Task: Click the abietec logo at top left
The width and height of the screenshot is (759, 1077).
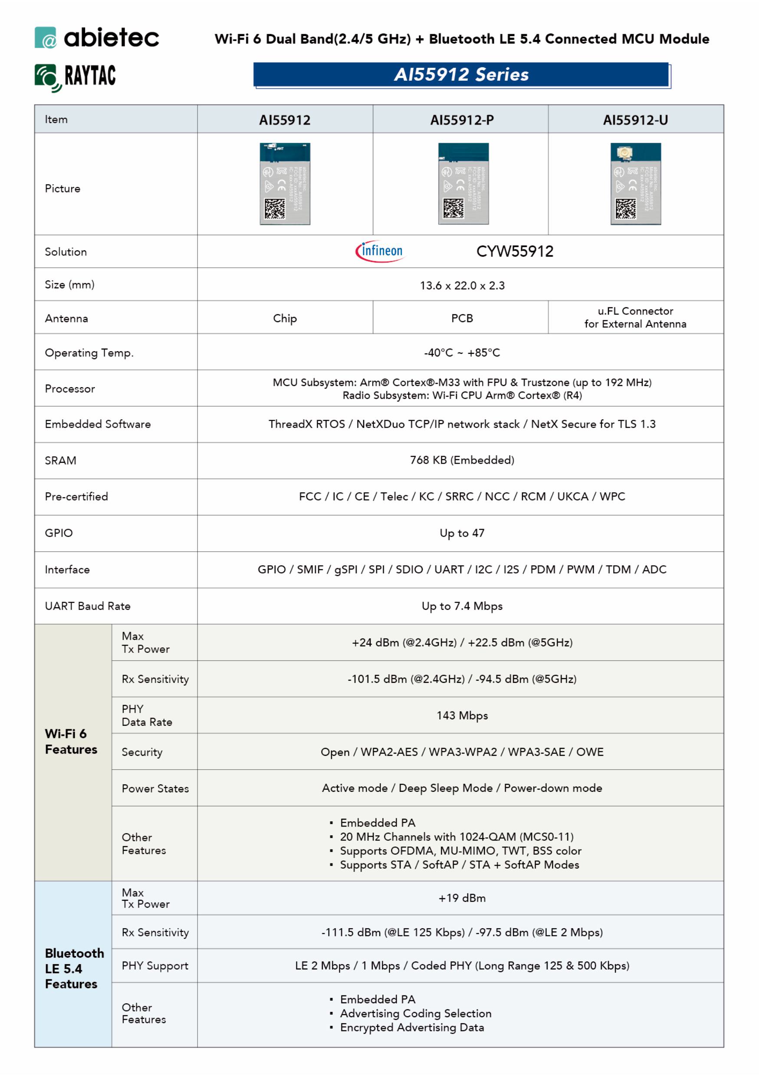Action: tap(97, 37)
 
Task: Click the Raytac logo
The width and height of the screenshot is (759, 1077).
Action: tap(75, 77)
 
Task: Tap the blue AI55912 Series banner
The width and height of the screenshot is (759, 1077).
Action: tap(461, 75)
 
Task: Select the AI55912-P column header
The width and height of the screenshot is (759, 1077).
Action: tap(461, 120)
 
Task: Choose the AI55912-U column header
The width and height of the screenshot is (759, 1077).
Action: tap(635, 120)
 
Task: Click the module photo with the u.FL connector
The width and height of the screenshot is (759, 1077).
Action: tap(635, 184)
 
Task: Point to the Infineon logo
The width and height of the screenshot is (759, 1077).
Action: tap(380, 251)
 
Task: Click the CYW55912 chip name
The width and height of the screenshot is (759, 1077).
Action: tap(514, 251)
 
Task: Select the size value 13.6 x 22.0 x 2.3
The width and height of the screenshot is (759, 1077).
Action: tap(462, 285)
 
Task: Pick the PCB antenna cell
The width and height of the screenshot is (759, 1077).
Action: tap(462, 318)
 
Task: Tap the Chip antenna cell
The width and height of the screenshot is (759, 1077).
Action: tap(285, 318)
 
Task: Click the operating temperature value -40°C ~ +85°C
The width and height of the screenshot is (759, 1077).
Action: tap(462, 352)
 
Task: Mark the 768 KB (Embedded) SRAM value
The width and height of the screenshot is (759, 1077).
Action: tap(462, 460)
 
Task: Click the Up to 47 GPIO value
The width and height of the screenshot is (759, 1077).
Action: tap(462, 533)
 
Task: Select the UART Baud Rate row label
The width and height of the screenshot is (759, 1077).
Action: tap(88, 606)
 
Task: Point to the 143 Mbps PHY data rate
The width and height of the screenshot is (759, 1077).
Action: tap(462, 715)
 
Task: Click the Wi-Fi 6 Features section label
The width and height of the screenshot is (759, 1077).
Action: tap(71, 741)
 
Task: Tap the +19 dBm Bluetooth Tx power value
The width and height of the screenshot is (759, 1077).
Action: tap(462, 898)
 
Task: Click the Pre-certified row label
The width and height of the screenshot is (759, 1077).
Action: tap(76, 496)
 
